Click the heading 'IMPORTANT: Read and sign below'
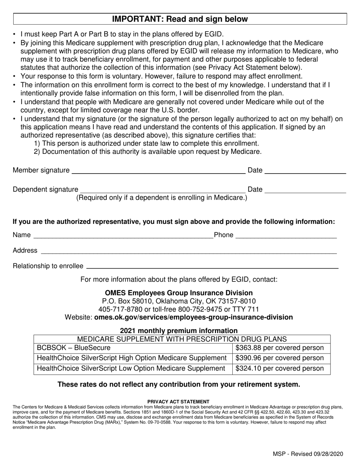(180, 19)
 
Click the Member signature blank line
(158, 172)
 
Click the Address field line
(188, 252)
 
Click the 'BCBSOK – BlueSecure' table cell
(74, 348)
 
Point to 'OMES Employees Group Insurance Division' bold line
(179, 293)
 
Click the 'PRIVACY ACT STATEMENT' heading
(178, 402)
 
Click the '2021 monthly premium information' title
(179, 330)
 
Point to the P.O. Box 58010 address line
(179, 301)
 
